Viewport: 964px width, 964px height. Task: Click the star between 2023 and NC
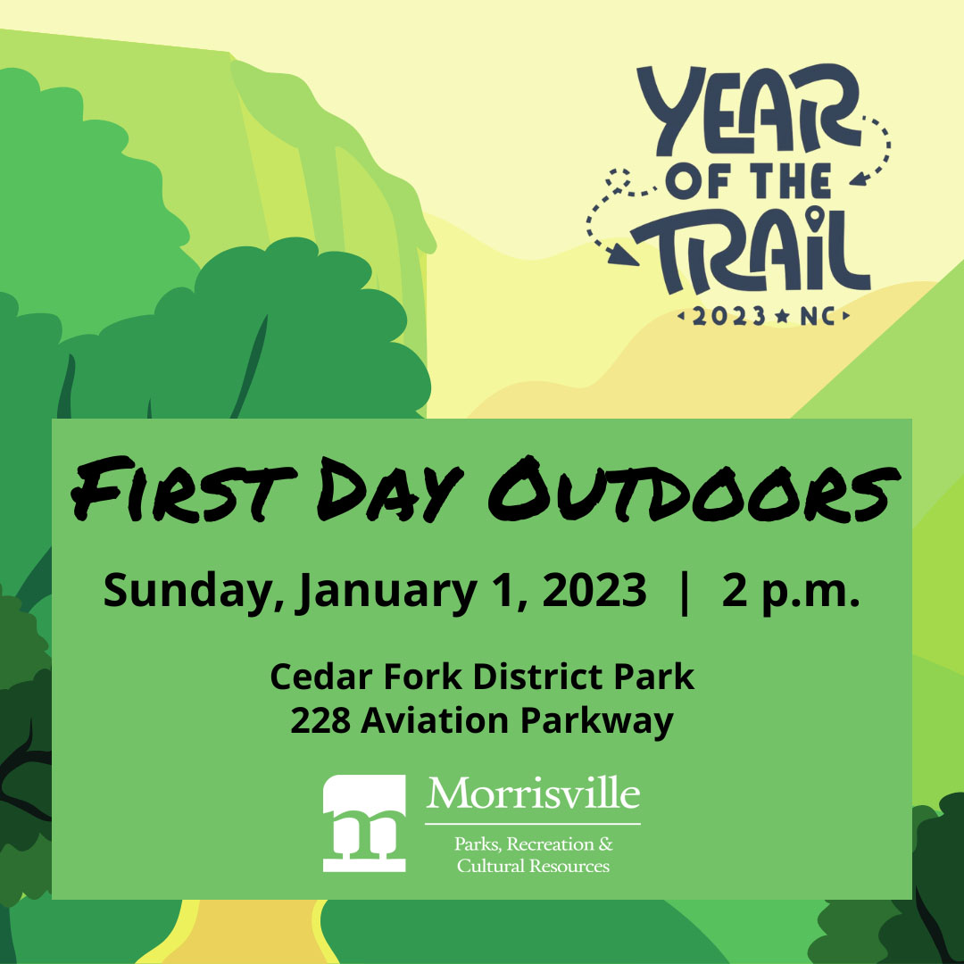(783, 316)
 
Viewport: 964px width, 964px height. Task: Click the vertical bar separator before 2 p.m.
(685, 592)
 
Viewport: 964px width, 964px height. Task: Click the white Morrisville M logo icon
(364, 823)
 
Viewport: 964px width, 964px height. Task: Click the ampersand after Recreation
(605, 843)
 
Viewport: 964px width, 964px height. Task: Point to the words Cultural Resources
(533, 866)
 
